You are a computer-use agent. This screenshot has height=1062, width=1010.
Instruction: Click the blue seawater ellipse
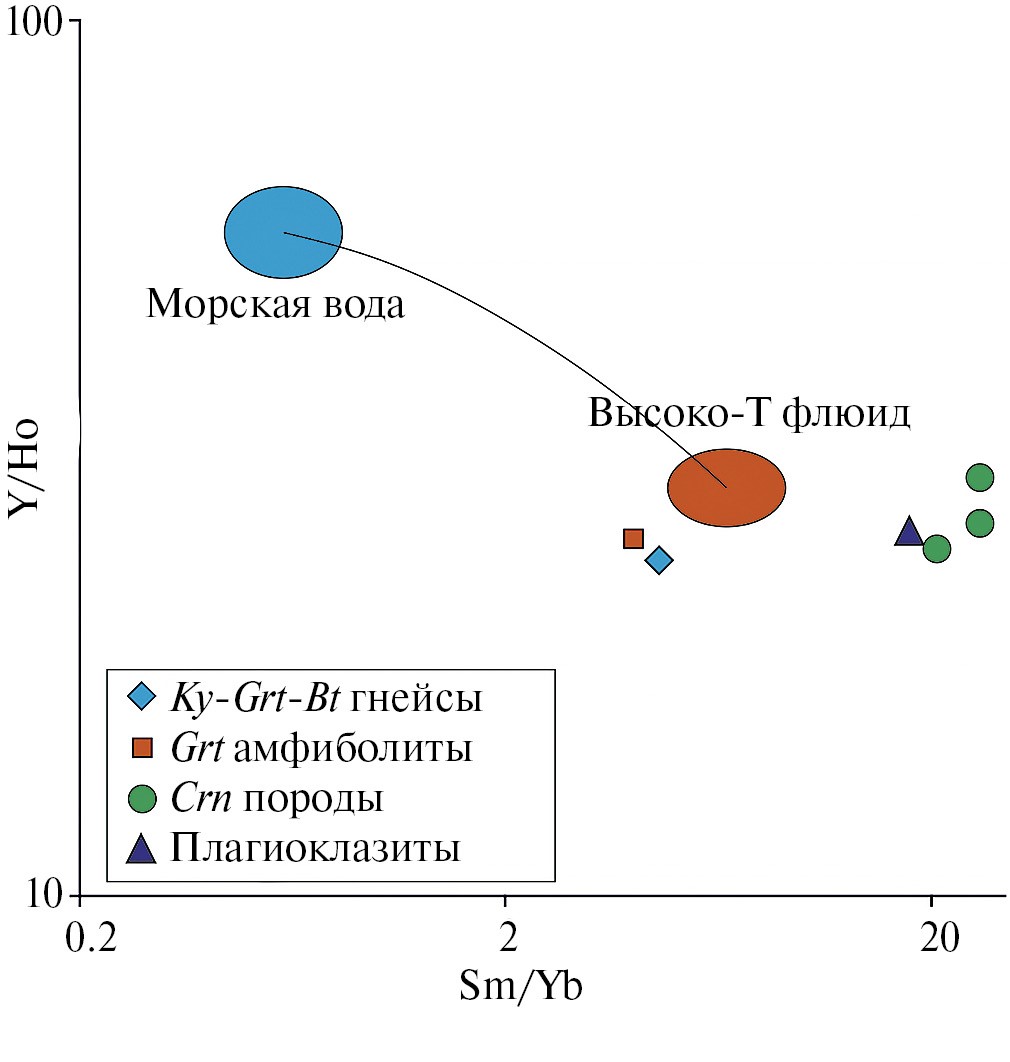point(283,233)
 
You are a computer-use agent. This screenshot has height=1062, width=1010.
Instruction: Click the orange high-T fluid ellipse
point(727,487)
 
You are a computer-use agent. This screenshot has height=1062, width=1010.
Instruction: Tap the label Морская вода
point(276,304)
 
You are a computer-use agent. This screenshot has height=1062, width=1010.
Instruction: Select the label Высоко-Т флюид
point(749,413)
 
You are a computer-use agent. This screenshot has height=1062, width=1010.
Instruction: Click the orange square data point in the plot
point(633,539)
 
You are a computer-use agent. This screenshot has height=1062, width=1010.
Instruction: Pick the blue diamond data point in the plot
point(658,560)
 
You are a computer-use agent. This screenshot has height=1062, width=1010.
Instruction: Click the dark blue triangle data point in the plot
point(908,532)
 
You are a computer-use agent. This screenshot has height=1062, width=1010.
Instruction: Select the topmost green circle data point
point(980,477)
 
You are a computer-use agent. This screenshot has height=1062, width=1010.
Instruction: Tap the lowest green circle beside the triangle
point(936,548)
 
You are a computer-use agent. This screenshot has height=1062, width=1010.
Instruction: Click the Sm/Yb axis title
point(520,987)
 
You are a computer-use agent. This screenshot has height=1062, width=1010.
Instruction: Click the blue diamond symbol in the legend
point(143,697)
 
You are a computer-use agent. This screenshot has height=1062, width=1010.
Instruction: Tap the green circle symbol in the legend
point(143,800)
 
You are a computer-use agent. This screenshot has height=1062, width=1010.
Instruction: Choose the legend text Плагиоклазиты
point(315,850)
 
